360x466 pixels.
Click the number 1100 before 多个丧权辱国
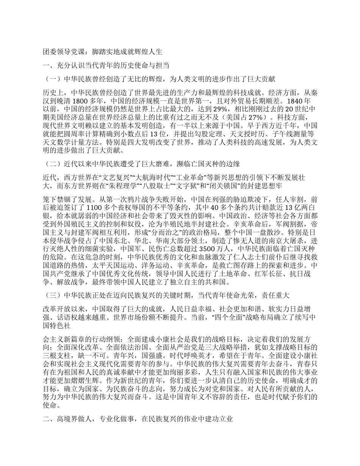point(95,207)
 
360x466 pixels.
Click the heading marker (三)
point(52,295)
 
